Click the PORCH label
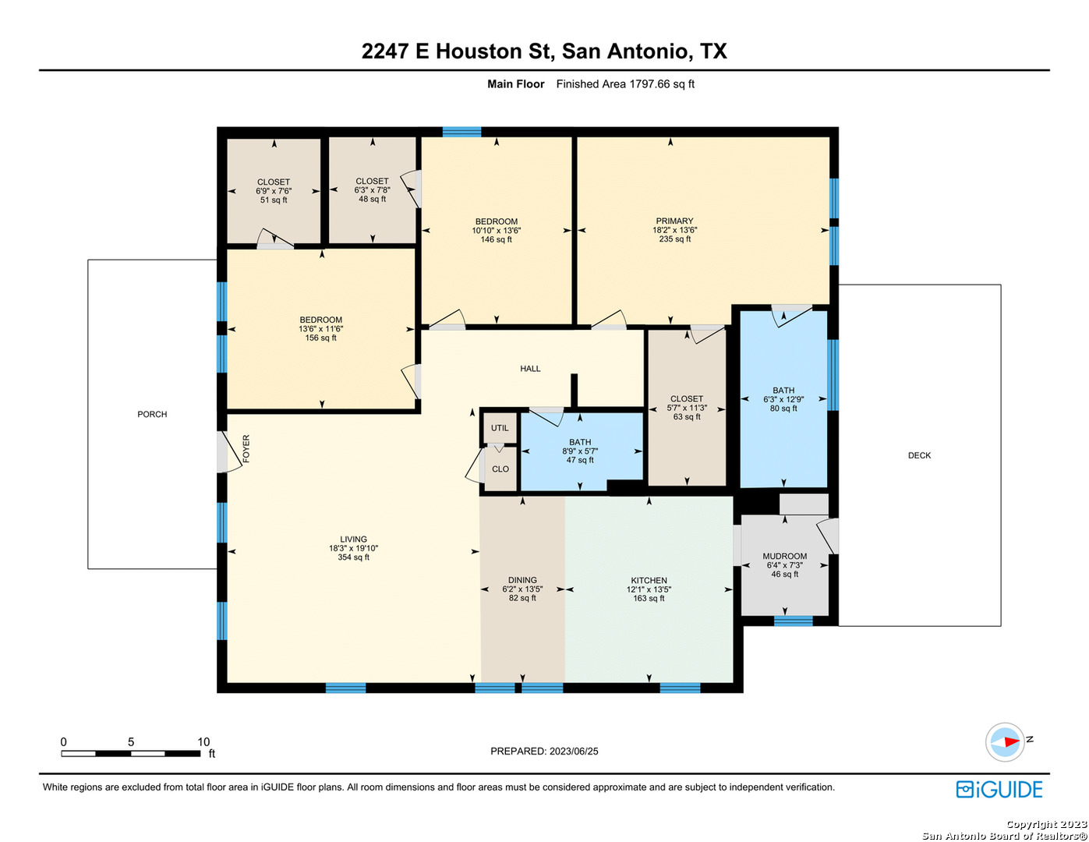coord(152,414)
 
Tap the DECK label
coord(918,455)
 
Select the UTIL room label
coord(499,427)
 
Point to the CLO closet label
coord(500,469)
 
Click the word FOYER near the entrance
coord(246,448)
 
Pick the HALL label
coord(530,368)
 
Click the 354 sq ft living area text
coord(353,557)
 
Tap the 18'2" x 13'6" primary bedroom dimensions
coord(674,230)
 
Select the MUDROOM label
coord(783,556)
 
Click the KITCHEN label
coord(649,580)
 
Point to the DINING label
coord(522,580)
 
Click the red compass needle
coord(1010,741)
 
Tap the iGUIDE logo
coord(999,789)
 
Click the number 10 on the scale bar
coord(203,741)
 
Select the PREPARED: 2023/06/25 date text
coord(544,751)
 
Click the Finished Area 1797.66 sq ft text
coord(624,83)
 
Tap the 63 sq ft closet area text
coord(686,416)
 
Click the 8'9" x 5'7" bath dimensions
coord(579,451)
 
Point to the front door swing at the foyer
coord(228,452)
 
